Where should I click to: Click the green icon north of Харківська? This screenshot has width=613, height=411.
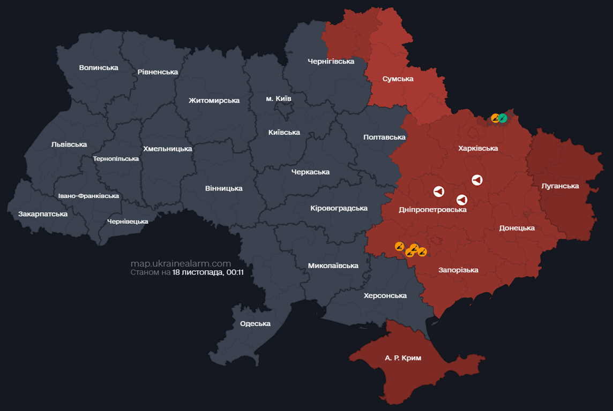coord(503,118)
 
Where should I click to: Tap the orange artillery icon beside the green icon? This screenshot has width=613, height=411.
coord(495,118)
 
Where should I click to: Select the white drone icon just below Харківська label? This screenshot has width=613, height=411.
coord(477,180)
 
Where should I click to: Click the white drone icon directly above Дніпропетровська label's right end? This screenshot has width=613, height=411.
coord(461,200)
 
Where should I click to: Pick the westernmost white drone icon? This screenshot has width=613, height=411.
coord(438,191)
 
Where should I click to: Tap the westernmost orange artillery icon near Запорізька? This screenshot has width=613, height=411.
coord(399,246)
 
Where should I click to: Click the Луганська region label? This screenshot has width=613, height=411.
coord(560,186)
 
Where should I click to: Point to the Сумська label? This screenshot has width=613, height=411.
coord(398,79)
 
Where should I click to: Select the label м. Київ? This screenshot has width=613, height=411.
coord(279,98)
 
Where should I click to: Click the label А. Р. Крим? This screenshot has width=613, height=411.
coord(403,358)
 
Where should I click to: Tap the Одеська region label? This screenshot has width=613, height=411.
coord(255,323)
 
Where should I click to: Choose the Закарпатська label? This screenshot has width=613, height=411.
coord(43,214)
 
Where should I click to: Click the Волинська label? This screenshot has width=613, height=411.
coord(98,67)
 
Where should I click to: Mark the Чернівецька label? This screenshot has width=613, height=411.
coord(128,221)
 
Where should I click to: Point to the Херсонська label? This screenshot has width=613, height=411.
coord(385,295)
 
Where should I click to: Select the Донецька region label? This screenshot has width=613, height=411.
coord(517,228)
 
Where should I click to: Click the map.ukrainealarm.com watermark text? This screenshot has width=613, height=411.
coord(181,263)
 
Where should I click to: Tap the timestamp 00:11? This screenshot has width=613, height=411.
coord(235,272)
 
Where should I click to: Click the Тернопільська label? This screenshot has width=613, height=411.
coord(116,158)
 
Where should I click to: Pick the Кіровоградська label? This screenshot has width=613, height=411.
coord(339,208)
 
